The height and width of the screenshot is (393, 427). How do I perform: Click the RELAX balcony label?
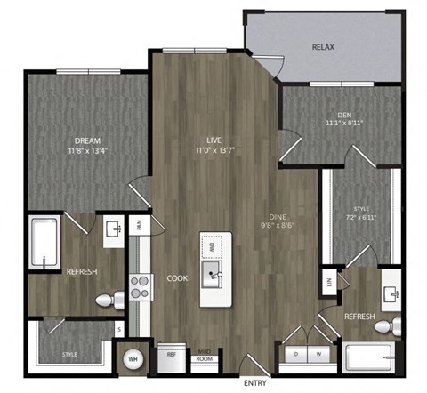pos(323,46)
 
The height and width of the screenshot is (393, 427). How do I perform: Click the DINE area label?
pos(278,216)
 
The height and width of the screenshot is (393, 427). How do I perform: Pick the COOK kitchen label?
pos(176,278)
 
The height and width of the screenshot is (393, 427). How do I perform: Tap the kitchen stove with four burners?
pos(141,285)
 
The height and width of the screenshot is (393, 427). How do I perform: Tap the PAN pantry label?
pos(140,224)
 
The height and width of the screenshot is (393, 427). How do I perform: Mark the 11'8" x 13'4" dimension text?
pos(88,151)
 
